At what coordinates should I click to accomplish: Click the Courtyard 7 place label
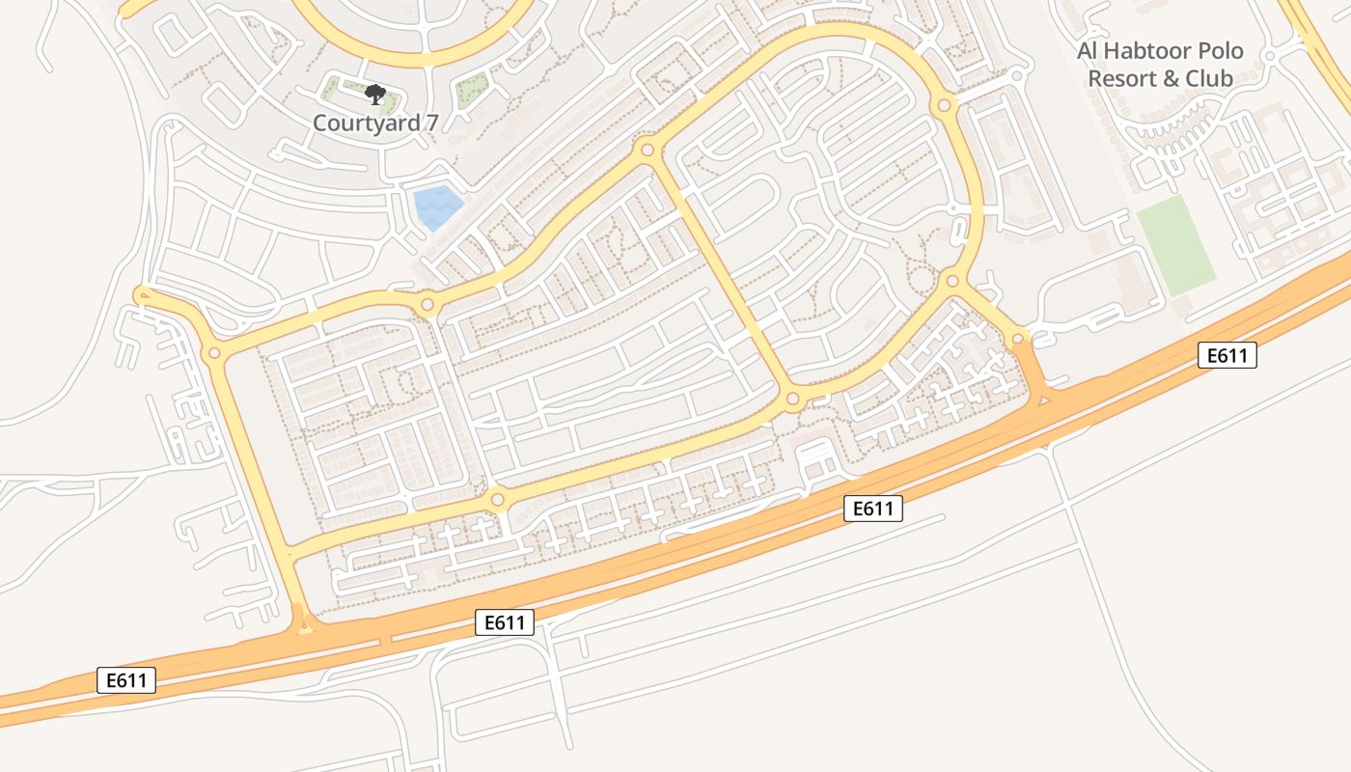(x=368, y=123)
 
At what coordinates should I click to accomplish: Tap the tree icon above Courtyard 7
(x=374, y=95)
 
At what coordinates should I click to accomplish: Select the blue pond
(x=437, y=207)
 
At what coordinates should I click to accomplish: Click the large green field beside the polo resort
(x=1175, y=245)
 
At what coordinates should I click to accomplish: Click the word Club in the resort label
(x=1209, y=78)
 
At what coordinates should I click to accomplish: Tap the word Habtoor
(x=1144, y=51)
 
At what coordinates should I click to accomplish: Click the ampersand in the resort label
(x=1172, y=78)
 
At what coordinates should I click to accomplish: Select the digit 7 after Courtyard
(x=417, y=123)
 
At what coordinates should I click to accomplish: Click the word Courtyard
(x=360, y=123)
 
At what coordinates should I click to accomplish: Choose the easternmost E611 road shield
(x=1227, y=355)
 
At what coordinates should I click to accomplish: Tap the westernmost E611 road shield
(x=126, y=680)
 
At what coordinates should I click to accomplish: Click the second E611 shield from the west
(x=505, y=622)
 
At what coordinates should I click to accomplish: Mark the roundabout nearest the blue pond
(x=427, y=306)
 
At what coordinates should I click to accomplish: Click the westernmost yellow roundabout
(x=214, y=353)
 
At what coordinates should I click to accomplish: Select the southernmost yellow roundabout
(x=497, y=500)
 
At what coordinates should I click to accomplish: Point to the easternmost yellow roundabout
(x=1017, y=339)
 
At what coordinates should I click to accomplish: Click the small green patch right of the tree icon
(x=470, y=91)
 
